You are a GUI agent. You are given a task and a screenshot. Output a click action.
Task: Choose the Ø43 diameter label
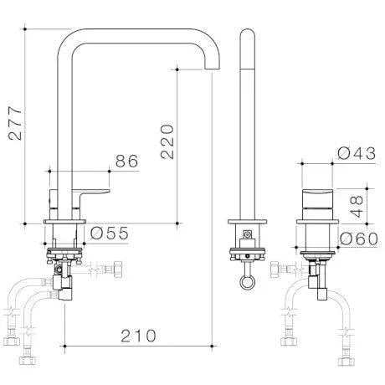[356, 153]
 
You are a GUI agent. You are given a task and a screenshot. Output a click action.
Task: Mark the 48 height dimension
[357, 205]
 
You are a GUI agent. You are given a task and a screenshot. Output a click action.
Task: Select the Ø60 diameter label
[357, 239]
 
